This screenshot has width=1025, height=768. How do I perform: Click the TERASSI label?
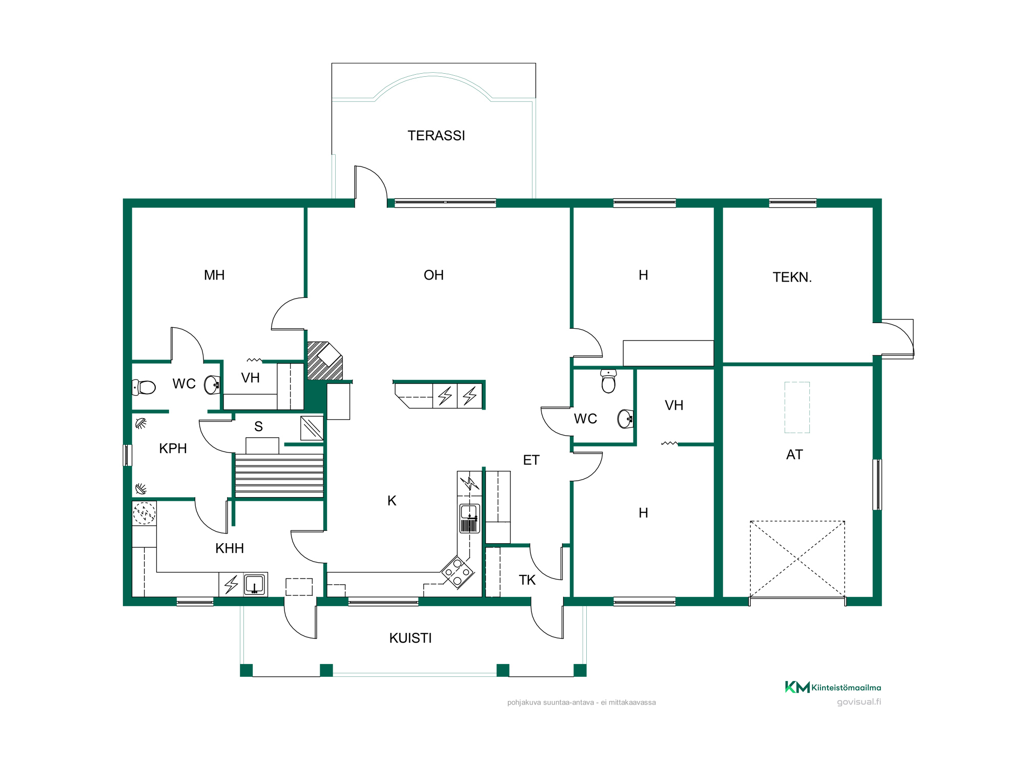tap(436, 136)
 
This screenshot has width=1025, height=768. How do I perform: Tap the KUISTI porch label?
tap(411, 638)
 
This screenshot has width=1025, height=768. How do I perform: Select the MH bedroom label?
tap(214, 275)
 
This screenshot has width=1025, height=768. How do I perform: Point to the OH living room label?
tap(434, 275)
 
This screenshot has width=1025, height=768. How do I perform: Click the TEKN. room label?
tap(792, 278)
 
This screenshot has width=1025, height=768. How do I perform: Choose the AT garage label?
tap(794, 455)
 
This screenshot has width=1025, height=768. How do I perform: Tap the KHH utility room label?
tap(230, 548)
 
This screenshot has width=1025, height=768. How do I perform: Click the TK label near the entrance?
tap(527, 580)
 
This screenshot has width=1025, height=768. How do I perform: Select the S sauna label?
tap(258, 426)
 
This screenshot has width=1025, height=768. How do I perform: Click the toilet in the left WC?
tap(143, 387)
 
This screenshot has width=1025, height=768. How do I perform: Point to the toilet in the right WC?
tap(608, 381)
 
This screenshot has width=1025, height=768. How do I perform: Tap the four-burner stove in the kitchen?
tap(457, 572)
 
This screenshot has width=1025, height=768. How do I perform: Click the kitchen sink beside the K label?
tap(469, 518)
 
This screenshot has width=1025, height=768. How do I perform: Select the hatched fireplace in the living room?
tap(324, 361)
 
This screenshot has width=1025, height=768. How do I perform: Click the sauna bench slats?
tap(279, 475)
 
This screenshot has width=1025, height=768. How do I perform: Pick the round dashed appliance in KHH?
tap(144, 513)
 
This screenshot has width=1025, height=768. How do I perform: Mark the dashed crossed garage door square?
tap(797, 559)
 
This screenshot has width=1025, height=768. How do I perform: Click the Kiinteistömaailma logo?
tap(833, 687)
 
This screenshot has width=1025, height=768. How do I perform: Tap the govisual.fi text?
tap(859, 702)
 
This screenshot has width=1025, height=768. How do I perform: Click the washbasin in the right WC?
tap(626, 419)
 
